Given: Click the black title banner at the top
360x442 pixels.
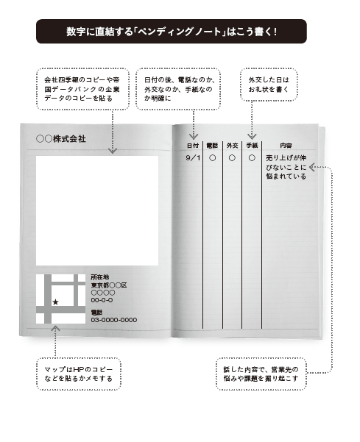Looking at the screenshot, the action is [x=172, y=32].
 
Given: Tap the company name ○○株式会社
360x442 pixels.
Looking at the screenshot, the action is [x=61, y=139].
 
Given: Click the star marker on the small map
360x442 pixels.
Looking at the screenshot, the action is [x=55, y=302].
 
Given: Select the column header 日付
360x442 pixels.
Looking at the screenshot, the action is [x=193, y=146].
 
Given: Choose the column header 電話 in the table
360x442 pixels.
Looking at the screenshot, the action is [x=212, y=146].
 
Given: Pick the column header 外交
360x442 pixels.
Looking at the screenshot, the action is [x=232, y=146].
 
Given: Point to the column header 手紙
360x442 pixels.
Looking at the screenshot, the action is [x=252, y=146].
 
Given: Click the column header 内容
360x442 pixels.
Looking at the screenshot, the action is [x=286, y=146].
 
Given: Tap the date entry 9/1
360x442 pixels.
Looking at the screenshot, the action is [x=193, y=158].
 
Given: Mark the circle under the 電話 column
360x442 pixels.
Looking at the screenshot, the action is [x=213, y=158].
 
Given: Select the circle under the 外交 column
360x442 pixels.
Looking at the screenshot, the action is [x=232, y=158].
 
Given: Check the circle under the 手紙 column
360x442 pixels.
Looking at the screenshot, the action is [x=252, y=158].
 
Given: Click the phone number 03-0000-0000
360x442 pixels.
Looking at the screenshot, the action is [x=114, y=320].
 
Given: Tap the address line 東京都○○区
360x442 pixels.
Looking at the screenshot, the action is [x=109, y=285].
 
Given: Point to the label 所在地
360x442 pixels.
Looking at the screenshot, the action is [x=100, y=277].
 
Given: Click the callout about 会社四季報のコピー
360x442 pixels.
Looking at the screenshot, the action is [x=82, y=89].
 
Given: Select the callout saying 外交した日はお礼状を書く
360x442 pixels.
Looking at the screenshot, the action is [x=269, y=85].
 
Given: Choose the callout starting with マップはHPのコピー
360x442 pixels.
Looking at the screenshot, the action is [x=79, y=374].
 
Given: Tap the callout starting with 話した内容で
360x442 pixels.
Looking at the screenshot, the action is [x=261, y=374].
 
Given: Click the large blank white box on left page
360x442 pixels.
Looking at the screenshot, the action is [x=97, y=210].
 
